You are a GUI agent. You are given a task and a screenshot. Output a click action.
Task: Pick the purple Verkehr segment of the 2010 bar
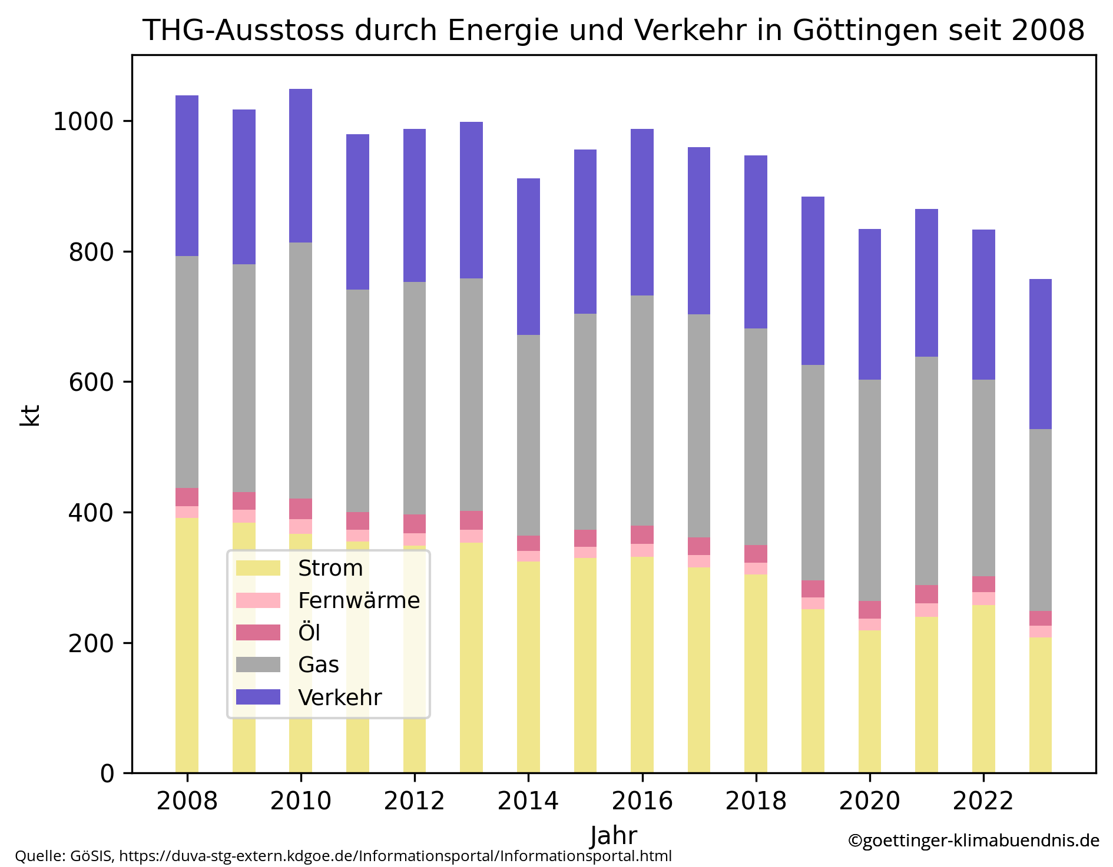click(x=300, y=165)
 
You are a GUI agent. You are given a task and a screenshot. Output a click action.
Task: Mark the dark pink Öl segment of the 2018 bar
click(x=756, y=554)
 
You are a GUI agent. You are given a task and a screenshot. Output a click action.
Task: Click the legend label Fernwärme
click(x=359, y=600)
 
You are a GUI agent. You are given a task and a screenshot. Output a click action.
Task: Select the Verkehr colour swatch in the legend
click(x=258, y=697)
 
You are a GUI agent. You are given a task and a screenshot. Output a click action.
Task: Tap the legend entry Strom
click(x=330, y=568)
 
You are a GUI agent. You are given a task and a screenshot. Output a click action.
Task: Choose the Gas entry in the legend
click(x=319, y=665)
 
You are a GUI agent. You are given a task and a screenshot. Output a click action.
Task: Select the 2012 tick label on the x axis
click(x=414, y=800)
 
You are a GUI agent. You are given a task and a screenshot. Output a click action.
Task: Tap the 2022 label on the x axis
click(x=982, y=800)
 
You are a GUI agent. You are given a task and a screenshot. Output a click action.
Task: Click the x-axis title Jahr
click(x=613, y=836)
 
